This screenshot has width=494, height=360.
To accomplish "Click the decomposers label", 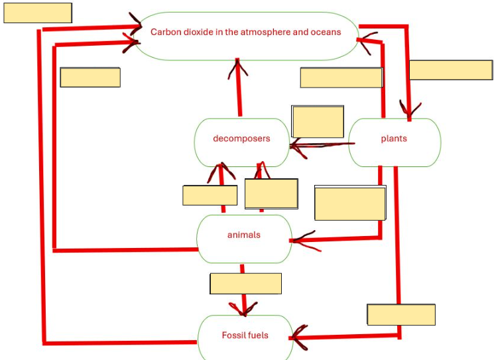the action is pos(241,139).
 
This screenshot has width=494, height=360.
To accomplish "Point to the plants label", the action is pos(394,139).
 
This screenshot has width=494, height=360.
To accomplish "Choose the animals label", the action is pos(244,235).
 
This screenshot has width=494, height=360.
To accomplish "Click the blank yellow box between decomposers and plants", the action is pos(318,121).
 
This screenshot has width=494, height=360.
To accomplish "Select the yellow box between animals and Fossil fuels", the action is pos(246,284).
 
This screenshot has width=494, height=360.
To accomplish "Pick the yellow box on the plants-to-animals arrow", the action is pos(350,203).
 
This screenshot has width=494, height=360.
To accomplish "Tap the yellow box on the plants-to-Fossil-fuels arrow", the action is pos(401,314).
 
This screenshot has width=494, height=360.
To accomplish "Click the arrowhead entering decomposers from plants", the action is pos(297,147).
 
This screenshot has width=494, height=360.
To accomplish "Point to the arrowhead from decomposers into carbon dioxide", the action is pos(238,69).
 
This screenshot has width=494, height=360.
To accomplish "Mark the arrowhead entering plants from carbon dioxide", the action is pos(409,109).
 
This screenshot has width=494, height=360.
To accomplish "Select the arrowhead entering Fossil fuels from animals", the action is pos(243,309).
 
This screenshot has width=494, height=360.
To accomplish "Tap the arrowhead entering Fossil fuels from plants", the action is pos(298,337).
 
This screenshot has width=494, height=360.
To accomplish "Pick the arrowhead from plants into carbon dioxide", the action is pos(367,42).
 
